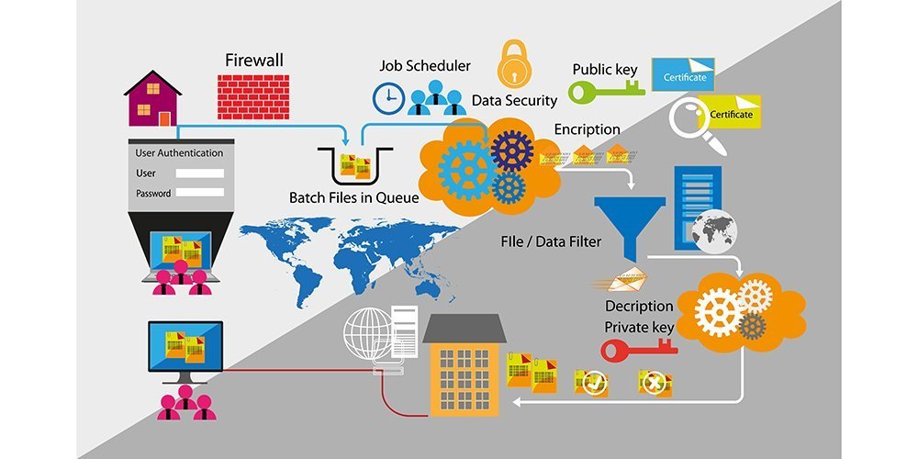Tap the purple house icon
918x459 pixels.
pos(152,98)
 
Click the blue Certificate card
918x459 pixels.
pos(683,75)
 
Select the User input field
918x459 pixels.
pos(199,173)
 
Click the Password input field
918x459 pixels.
pos(199,193)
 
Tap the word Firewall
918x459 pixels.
pos(254,61)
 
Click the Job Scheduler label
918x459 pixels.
pos(425,66)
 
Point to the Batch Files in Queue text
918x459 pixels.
pos(353,197)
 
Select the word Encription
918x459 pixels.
pos(587,129)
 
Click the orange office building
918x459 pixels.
pos(464,367)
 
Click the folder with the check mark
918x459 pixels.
pos(592,382)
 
